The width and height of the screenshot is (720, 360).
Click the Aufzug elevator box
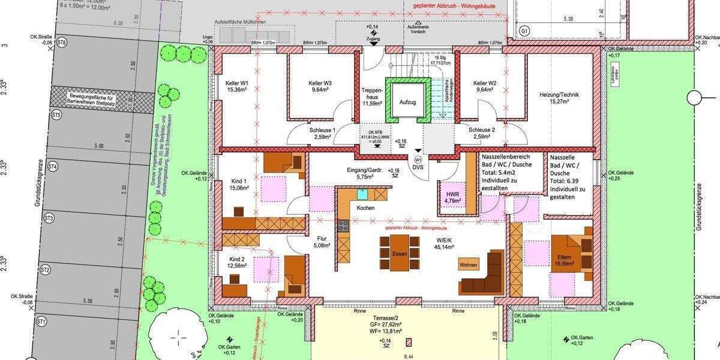pyautogui.click(x=408, y=103)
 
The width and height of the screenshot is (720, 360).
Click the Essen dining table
pyautogui.click(x=399, y=253)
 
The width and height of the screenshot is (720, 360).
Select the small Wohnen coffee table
pyautogui.click(x=469, y=265)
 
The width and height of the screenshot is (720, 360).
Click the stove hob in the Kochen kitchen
pyautogui.click(x=344, y=226)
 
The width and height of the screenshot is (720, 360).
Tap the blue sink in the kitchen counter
pyautogui.click(x=362, y=194)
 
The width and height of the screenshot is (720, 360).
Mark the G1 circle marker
pyautogui.click(x=524, y=31)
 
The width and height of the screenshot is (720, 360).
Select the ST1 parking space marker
pyautogui.click(x=41, y=322)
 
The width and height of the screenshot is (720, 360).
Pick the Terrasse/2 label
pyautogui.click(x=384, y=316)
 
